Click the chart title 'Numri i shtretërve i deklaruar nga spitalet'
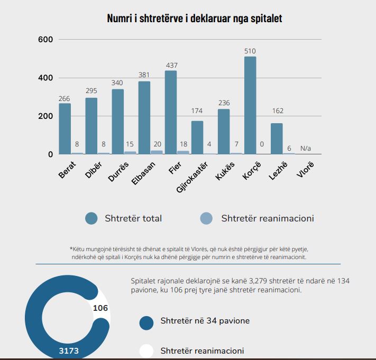[x=195, y=19]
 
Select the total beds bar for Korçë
[x=250, y=106]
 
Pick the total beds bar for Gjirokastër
[x=197, y=137]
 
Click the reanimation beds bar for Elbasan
[x=157, y=152]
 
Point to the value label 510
[x=250, y=51]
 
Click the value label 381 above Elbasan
[x=144, y=75]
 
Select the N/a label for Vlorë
[x=305, y=149]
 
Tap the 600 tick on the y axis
[x=46, y=40]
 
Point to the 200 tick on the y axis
[x=46, y=116]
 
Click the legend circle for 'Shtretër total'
[x=91, y=218]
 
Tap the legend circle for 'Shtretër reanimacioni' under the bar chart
[x=206, y=218]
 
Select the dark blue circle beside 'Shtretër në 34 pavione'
[x=146, y=322]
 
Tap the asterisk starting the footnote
[x=71, y=248]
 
